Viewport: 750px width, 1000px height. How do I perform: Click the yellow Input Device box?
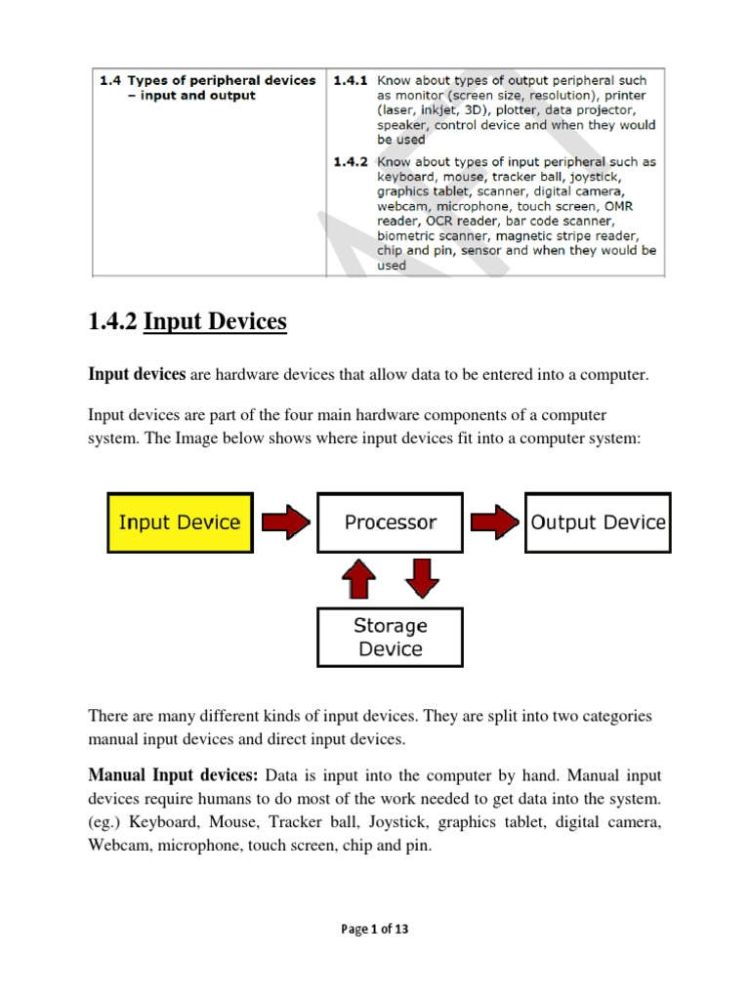point(180,522)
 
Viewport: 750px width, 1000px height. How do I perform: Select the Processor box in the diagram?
point(391,522)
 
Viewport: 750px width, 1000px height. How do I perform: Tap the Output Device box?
point(598,522)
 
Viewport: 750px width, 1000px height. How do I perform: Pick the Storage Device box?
point(391,637)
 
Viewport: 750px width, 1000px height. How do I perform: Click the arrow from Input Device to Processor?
point(284,522)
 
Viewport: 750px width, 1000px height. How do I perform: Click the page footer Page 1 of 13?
point(375,929)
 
